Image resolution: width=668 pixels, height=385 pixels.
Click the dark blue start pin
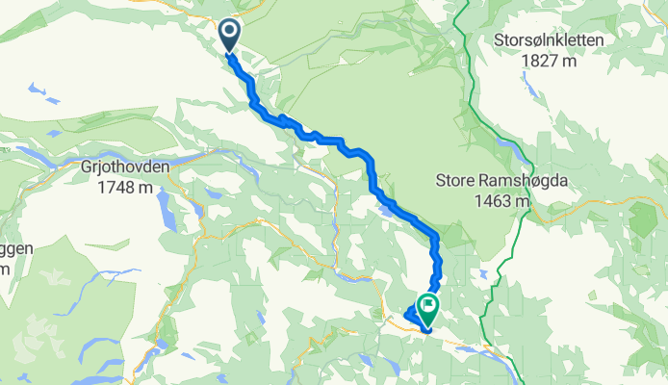[230, 36]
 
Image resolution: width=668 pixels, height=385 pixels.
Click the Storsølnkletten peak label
[549, 41]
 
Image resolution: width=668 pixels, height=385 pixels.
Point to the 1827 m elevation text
[549, 61]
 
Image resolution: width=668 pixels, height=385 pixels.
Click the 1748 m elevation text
[124, 186]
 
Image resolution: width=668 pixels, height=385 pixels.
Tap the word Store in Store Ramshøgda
[455, 181]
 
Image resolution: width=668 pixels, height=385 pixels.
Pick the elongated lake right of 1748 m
[166, 202]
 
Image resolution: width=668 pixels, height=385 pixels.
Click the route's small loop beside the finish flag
[412, 316]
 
